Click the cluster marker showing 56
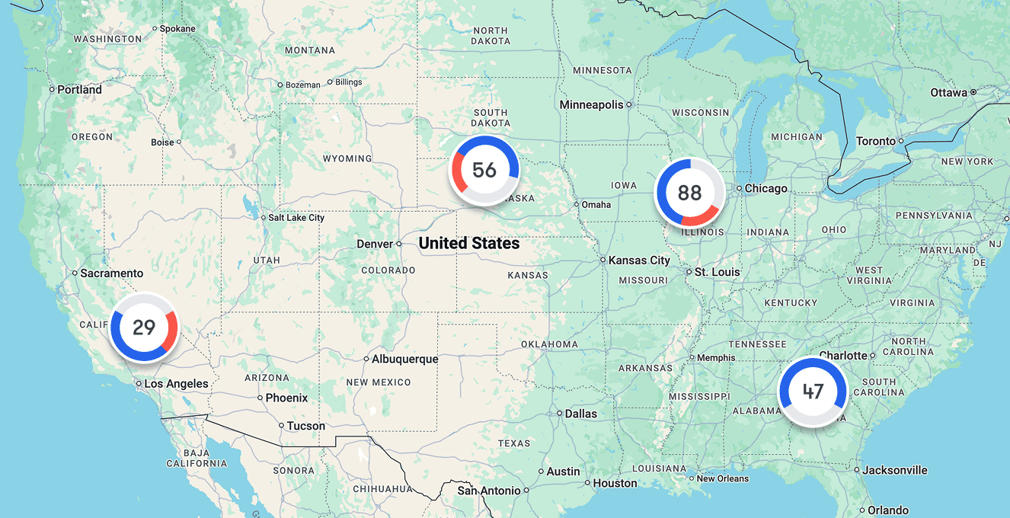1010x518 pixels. point(484,170)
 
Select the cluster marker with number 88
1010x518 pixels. point(689,193)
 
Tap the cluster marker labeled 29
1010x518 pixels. point(144,328)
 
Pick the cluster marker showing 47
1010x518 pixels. point(813,392)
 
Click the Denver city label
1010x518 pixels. point(375,244)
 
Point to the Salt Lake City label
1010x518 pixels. point(296,218)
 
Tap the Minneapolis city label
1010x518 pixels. point(591,104)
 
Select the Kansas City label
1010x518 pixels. point(639,261)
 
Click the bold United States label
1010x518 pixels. point(469,244)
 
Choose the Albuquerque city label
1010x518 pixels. point(405,359)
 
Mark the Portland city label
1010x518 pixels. point(79,90)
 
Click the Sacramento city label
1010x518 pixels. point(112,273)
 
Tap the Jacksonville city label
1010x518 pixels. point(895,470)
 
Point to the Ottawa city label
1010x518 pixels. point(948,93)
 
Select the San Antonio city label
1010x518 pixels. point(488,491)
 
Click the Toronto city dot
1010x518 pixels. point(901,141)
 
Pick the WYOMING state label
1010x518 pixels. point(347,159)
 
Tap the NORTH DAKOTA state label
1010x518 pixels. point(491,36)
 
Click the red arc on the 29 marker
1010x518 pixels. point(172,329)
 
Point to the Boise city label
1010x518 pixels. point(162,142)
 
